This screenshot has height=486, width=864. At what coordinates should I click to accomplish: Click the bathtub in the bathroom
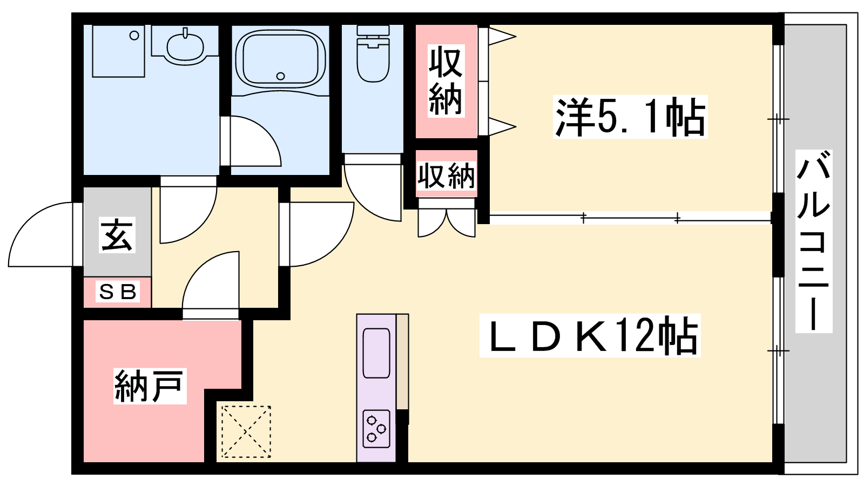pyautogui.click(x=280, y=58)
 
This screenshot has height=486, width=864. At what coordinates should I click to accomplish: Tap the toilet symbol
pyautogui.click(x=373, y=53)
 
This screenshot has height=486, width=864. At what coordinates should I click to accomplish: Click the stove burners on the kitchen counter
pyautogui.click(x=376, y=429)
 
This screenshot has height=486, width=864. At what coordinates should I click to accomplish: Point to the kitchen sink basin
pyautogui.click(x=376, y=353)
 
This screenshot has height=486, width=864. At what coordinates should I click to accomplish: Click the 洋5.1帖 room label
pyautogui.click(x=630, y=117)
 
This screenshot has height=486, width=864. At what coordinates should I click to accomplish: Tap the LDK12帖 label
pyautogui.click(x=590, y=335)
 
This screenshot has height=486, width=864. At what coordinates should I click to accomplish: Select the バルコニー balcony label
pyautogui.click(x=813, y=241)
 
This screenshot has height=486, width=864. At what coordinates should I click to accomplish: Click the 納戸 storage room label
pyautogui.click(x=150, y=386)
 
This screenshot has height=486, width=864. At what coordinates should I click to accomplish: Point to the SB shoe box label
pyautogui.click(x=118, y=292)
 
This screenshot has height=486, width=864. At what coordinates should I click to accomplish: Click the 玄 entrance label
pyautogui.click(x=117, y=235)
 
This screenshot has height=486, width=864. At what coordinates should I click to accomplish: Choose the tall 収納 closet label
pyautogui.click(x=446, y=81)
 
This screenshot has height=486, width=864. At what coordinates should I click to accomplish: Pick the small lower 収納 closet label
pyautogui.click(x=446, y=176)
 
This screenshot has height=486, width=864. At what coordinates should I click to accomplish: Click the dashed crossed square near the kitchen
pyautogui.click(x=246, y=431)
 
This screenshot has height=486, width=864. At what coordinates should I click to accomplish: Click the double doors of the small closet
pyautogui.click(x=447, y=223)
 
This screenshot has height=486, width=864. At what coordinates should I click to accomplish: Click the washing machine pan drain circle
pyautogui.click(x=134, y=36)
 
